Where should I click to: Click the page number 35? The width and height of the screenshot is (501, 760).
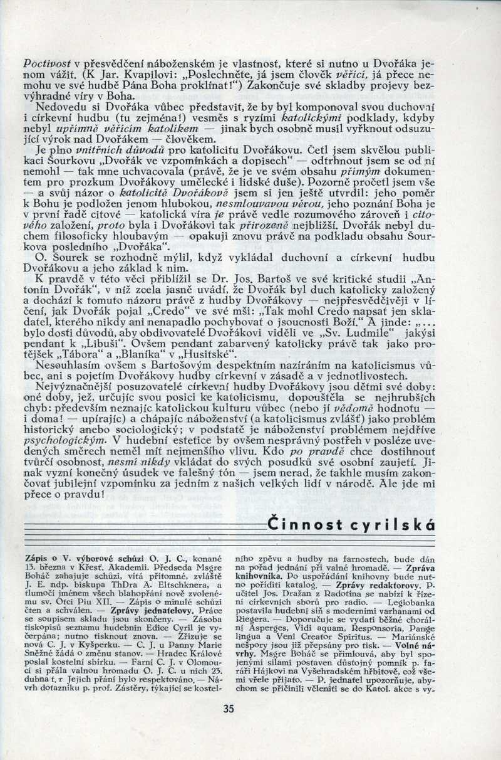pyautogui.click(x=228, y=709)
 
